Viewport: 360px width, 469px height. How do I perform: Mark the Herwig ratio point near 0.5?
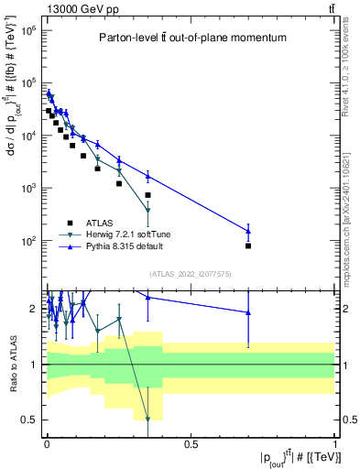(x=147, y=420)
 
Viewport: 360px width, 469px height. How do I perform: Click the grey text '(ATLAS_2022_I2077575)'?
(x=190, y=274)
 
